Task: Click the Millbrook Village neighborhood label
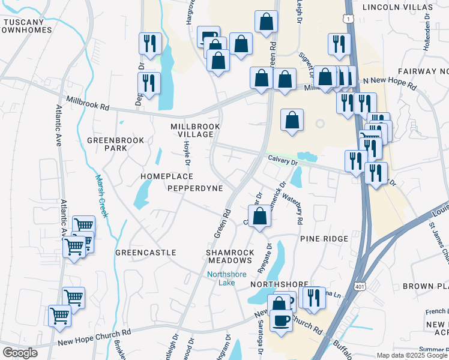pyautogui.click(x=196, y=130)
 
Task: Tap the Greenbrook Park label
pyautogui.click(x=116, y=144)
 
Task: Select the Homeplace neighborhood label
pyautogui.click(x=166, y=176)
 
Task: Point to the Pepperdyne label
pyautogui.click(x=195, y=188)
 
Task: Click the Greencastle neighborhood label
pyautogui.click(x=145, y=253)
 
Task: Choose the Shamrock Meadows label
pyautogui.click(x=230, y=256)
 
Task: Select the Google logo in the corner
pyautogui.click(x=20, y=353)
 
